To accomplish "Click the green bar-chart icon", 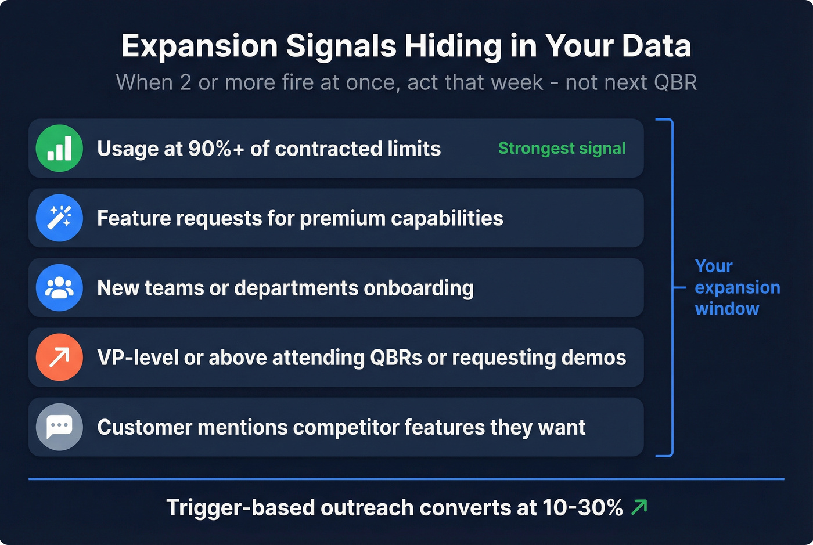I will [x=59, y=149].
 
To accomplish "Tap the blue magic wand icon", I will [x=59, y=218].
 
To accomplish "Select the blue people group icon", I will [x=59, y=288].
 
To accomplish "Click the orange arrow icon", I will [x=59, y=358].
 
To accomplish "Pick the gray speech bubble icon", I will [x=59, y=427].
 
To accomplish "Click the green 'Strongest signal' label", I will [x=562, y=149].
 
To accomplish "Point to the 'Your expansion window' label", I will [x=737, y=287].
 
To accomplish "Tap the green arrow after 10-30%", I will [x=639, y=507].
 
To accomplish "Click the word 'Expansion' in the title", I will [x=200, y=46].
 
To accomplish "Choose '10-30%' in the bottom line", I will [x=582, y=508].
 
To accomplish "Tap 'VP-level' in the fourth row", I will [x=138, y=358].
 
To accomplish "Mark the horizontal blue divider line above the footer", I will [x=406, y=479].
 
